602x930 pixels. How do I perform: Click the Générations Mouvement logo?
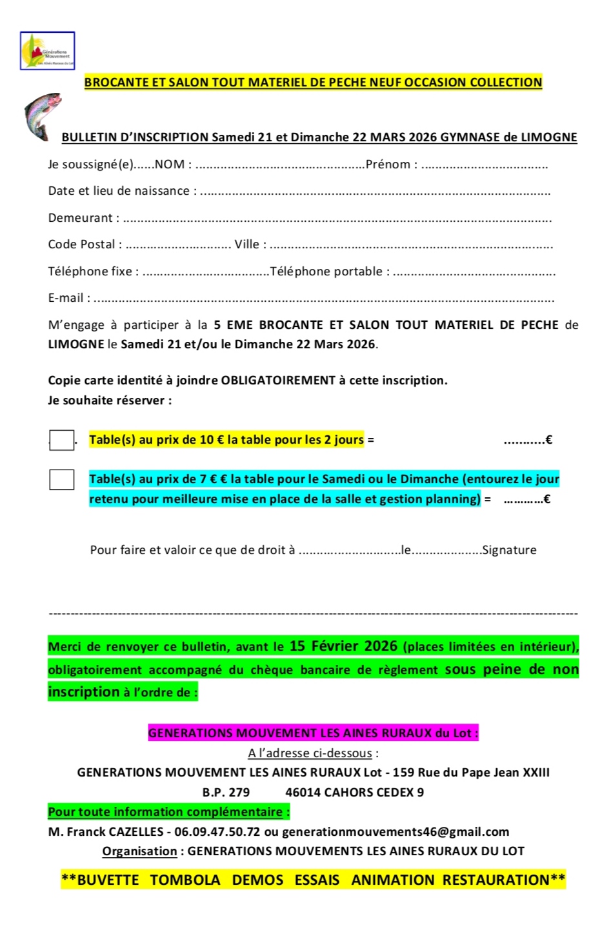[x=48, y=51]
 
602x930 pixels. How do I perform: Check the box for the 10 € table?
[x=62, y=440]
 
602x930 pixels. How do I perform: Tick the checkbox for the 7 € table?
[x=62, y=480]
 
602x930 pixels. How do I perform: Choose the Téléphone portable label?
[x=330, y=272]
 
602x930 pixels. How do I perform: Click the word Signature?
[x=509, y=550]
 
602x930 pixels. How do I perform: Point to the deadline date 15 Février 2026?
[x=343, y=646]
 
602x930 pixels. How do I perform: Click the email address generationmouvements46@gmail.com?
[x=396, y=832]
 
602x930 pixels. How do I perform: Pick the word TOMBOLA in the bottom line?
[x=185, y=880]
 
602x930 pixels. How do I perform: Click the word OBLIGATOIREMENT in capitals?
[x=278, y=381]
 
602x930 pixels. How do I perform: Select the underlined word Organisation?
[x=139, y=851]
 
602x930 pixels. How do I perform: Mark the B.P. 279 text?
[x=226, y=793]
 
